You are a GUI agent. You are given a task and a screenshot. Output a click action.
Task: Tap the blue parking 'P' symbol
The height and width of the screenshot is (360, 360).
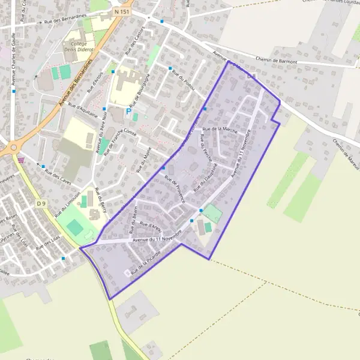(128, 111)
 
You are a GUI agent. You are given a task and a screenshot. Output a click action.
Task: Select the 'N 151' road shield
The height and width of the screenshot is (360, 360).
(120, 11)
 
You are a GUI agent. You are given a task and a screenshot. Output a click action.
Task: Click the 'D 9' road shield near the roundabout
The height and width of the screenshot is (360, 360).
(41, 204)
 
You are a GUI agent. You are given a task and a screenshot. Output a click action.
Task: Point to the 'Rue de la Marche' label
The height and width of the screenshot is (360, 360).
(220, 130)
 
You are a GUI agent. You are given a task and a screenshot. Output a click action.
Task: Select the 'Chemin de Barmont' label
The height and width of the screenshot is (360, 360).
(277, 59)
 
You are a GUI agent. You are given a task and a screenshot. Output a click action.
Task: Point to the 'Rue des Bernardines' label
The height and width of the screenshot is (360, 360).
(62, 22)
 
